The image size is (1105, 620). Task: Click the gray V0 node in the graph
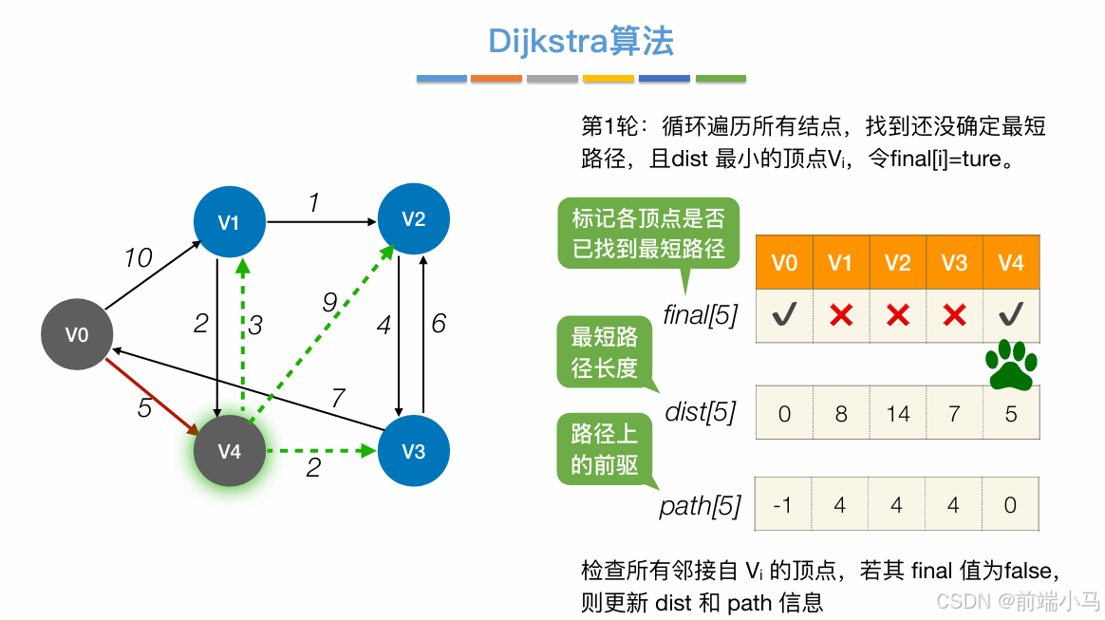tap(77, 334)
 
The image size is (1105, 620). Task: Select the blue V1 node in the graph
tap(229, 222)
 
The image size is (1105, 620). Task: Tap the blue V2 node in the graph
tap(413, 219)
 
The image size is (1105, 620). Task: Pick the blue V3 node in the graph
tap(413, 451)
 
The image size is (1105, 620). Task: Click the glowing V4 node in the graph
tap(229, 451)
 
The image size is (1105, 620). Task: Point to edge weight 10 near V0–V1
tap(139, 257)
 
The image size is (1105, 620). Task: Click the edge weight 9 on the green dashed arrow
tap(329, 303)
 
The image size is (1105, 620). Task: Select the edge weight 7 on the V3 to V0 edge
tap(337, 398)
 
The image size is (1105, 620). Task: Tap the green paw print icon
tap(1010, 365)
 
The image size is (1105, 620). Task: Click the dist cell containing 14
tap(897, 413)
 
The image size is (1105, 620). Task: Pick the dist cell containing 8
tap(840, 413)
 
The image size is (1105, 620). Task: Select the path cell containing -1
tap(783, 504)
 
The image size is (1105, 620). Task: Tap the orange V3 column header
tap(954, 262)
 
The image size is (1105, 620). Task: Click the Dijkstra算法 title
tap(580, 41)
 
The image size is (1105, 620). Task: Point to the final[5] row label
tap(701, 315)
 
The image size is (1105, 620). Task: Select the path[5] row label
tap(701, 505)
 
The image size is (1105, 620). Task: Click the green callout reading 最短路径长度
tap(605, 353)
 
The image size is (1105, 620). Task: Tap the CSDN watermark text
tap(1017, 600)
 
